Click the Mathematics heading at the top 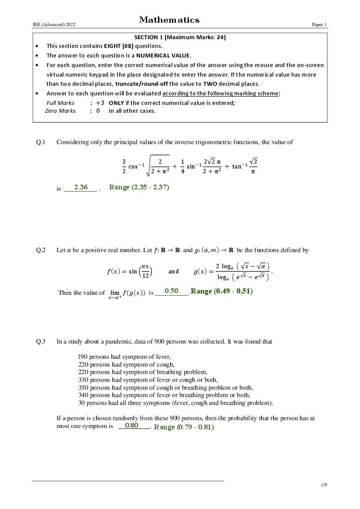tap(169, 20)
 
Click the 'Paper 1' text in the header tap(319, 25)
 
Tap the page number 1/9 tap(324, 485)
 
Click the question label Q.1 tap(40, 142)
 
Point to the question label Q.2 tap(40, 250)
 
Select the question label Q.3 tap(40, 341)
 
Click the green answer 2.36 tap(81, 187)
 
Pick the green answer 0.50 tap(171, 291)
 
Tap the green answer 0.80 tap(131, 425)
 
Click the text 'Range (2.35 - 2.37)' tap(139, 187)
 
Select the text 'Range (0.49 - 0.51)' tap(222, 291)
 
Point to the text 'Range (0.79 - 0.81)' tap(184, 427)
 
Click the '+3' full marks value tap(100, 103)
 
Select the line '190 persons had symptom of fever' tap(124, 357)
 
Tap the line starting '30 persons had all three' tap(175, 403)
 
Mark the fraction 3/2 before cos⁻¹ tap(124, 166)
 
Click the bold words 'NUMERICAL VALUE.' tap(164, 55)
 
